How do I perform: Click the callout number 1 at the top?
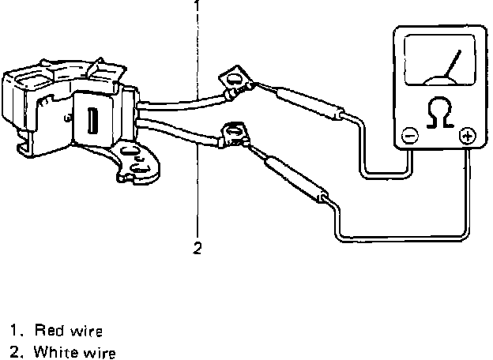click(x=197, y=6)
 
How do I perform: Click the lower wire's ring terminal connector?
click(x=235, y=132)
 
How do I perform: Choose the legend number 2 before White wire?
click(x=15, y=351)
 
